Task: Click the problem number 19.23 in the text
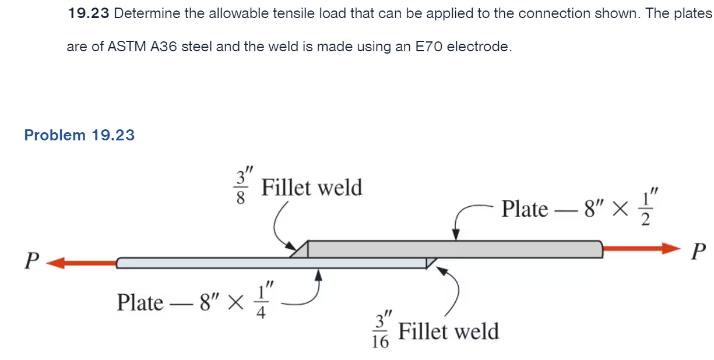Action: pyautogui.click(x=89, y=13)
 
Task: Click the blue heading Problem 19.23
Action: pyautogui.click(x=79, y=135)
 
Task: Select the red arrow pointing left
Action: pyautogui.click(x=82, y=263)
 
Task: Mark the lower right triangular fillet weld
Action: pyautogui.click(x=431, y=263)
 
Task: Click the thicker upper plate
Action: pyautogui.click(x=455, y=249)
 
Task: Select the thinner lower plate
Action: pyautogui.click(x=233, y=263)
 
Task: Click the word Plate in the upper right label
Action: pyautogui.click(x=525, y=209)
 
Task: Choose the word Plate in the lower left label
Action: pyautogui.click(x=140, y=302)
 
